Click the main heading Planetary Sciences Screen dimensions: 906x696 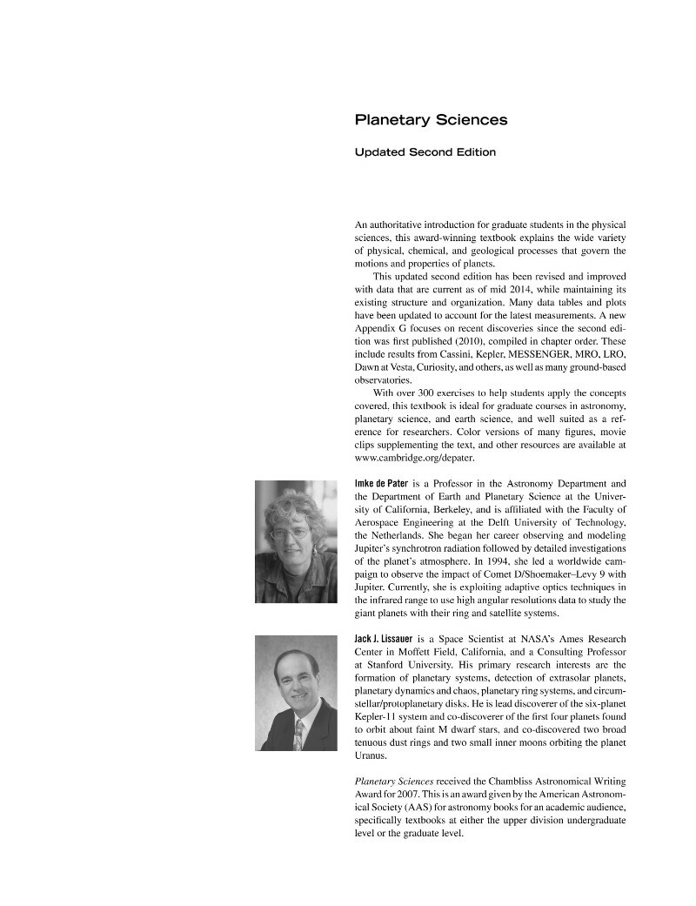[431, 120]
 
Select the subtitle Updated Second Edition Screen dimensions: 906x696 [425, 152]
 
